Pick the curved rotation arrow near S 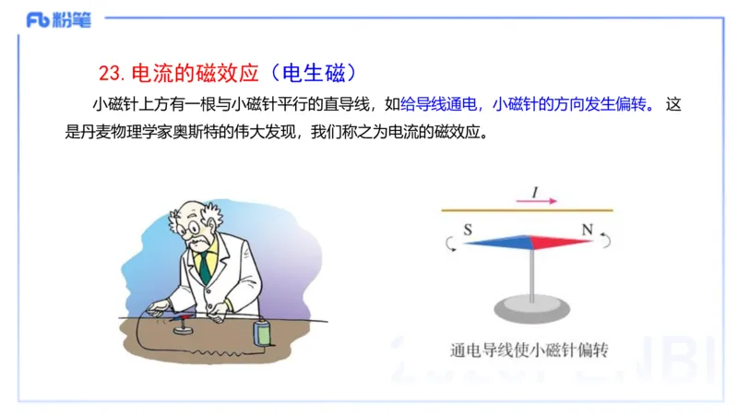(449, 243)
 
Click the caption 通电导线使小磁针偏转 (530, 350)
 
